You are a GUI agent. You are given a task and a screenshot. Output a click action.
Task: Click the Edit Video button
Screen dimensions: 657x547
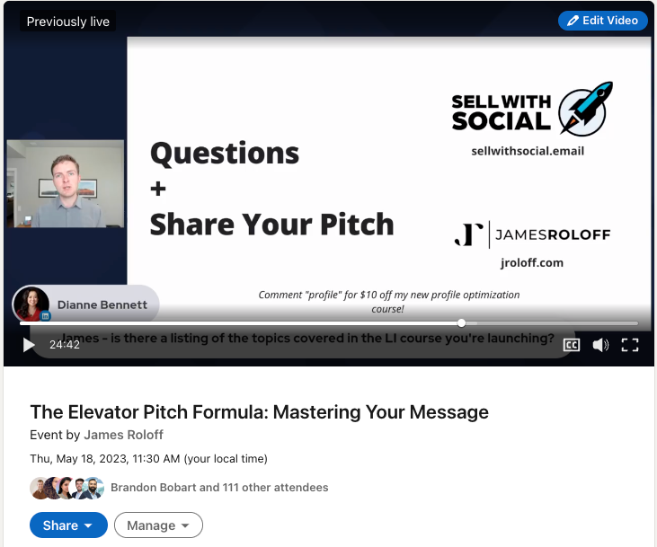602,21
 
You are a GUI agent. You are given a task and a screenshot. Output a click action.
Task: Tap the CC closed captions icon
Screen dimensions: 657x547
572,345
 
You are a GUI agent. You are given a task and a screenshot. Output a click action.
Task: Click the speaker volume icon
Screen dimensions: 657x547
600,345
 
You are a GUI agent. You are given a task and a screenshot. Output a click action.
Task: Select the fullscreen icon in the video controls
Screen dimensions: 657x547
630,345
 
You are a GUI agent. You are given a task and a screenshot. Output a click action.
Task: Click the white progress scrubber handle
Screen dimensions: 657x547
461,323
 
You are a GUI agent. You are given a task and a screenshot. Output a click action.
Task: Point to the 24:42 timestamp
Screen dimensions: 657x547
65,345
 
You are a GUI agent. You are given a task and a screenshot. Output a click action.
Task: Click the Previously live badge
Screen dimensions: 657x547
68,22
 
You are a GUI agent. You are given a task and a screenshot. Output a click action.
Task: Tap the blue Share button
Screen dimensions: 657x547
68,525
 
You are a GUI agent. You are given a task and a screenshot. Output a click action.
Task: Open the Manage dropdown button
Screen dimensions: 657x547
158,525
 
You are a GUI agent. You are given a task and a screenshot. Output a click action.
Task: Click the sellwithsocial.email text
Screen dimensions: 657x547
528,151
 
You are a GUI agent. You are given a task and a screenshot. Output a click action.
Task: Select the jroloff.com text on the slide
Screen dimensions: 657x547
532,263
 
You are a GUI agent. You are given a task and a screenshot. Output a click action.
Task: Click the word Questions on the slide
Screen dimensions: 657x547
225,154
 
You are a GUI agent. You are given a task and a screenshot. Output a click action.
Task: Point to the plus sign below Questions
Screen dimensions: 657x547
158,189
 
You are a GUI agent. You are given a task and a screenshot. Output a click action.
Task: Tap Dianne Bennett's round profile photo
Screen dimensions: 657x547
31,304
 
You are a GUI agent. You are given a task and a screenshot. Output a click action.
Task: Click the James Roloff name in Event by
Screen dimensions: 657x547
124,435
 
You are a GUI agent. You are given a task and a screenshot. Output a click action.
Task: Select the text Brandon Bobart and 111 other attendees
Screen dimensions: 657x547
219,488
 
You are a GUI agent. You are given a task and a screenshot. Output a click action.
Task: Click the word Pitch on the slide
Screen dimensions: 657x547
357,225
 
